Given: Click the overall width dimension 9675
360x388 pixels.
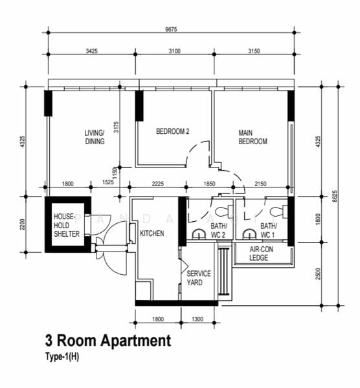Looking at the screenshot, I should (171, 28).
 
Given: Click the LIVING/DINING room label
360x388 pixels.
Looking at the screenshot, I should (95, 137).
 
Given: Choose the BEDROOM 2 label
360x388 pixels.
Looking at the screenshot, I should (172, 131).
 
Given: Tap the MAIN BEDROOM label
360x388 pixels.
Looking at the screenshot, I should (253, 137).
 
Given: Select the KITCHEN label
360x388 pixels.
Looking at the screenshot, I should (152, 233).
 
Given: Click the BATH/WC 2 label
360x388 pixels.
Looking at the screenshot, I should (218, 230).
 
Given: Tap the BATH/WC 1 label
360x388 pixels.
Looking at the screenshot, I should (268, 230).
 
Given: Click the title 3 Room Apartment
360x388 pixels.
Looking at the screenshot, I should (107, 340).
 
